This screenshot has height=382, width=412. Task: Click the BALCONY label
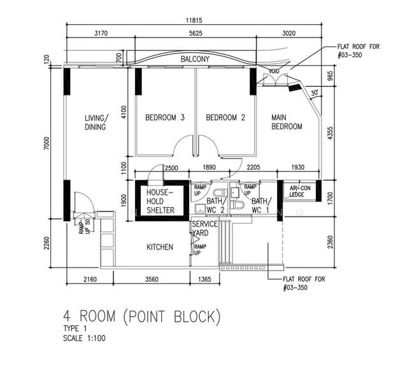[x=195, y=59]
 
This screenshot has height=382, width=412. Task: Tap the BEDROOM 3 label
[x=164, y=117]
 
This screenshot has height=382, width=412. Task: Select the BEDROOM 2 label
[x=225, y=117]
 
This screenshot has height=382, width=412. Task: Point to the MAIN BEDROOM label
[x=287, y=122]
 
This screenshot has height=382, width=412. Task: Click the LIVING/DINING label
[x=96, y=122]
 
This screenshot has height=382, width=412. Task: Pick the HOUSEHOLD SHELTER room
[x=160, y=201]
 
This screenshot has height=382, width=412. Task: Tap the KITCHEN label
[x=160, y=246]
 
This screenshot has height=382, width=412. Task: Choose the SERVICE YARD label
[x=205, y=229]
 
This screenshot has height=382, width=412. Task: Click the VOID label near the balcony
[x=274, y=71]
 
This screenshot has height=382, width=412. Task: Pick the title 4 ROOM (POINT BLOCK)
[x=141, y=315]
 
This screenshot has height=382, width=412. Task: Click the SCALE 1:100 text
[x=83, y=338]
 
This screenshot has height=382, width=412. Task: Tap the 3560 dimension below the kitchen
[x=152, y=280]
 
